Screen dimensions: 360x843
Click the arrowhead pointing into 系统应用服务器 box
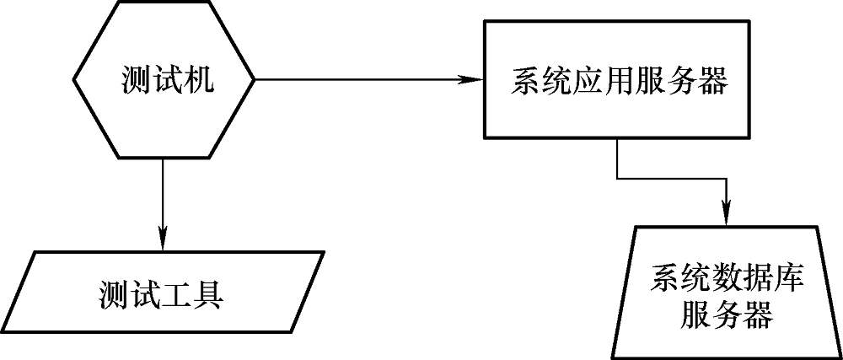coord(472,80)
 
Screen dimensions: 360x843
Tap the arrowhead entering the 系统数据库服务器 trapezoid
coord(725,217)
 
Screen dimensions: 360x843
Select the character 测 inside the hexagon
coord(137,80)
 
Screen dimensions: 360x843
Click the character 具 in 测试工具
coord(207,298)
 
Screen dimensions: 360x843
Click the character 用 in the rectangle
coord(620,83)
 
